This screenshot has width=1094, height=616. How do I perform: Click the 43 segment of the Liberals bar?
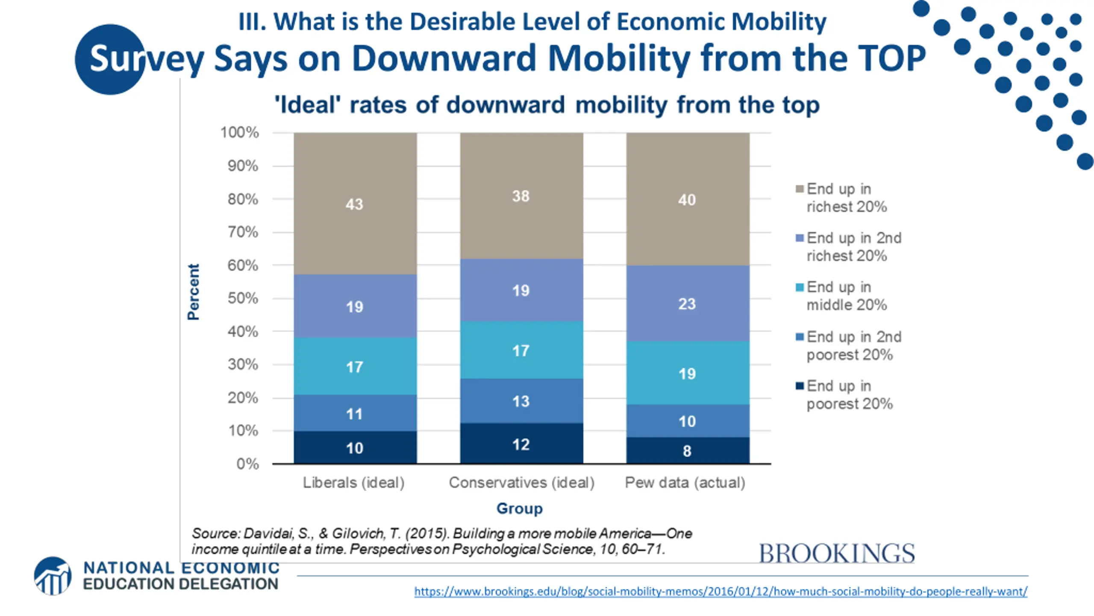click(355, 204)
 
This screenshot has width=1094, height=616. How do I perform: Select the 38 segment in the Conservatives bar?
click(521, 196)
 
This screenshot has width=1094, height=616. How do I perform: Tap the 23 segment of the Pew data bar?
click(687, 304)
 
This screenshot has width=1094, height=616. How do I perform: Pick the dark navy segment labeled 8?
click(687, 450)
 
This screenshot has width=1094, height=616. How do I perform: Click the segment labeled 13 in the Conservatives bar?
click(521, 401)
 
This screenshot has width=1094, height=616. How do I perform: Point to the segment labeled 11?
click(355, 413)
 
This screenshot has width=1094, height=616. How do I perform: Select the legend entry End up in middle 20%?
click(846, 296)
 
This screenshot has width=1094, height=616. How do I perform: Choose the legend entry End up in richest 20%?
click(846, 198)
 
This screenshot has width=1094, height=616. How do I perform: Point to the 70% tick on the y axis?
click(243, 232)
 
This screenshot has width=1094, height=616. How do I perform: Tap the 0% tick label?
click(247, 464)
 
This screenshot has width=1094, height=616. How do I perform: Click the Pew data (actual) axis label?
click(685, 483)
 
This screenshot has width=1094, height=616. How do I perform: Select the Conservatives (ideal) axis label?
click(521, 483)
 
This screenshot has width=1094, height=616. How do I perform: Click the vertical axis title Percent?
click(194, 292)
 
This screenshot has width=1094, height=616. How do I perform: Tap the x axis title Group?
click(519, 508)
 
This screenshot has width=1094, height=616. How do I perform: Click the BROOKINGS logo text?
click(836, 554)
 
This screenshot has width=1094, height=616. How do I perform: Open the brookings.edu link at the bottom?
click(721, 592)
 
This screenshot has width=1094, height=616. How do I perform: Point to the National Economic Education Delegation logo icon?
click(53, 576)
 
